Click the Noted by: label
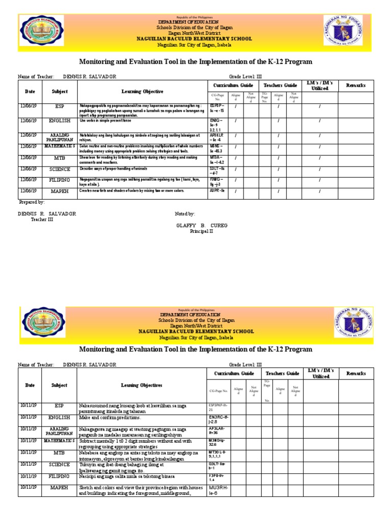(x=185, y=214)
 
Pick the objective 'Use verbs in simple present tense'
(x=105, y=121)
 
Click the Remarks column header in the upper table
(x=356, y=85)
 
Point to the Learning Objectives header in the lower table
(x=141, y=385)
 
